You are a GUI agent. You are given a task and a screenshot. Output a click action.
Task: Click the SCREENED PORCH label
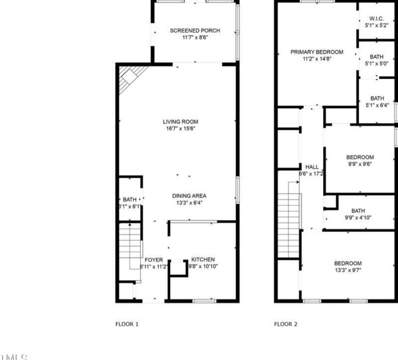[195, 31]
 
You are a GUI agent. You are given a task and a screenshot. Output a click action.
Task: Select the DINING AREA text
[189, 196]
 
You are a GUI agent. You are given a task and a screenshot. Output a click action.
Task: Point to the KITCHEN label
[203, 259]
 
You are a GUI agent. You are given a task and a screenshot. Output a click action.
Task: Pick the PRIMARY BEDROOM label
[317, 52]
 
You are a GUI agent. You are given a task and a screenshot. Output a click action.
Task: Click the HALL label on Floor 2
[312, 167]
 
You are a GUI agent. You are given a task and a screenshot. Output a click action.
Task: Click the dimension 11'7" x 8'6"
[195, 37]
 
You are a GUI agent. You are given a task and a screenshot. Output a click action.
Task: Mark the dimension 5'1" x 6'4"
[377, 105]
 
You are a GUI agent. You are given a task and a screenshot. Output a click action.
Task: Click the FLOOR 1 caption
[127, 324]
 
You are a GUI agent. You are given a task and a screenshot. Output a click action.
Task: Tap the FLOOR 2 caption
[286, 324]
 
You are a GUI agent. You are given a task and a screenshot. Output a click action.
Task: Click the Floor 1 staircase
[130, 246]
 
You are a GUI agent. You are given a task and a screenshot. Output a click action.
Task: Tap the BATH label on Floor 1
[129, 199]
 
